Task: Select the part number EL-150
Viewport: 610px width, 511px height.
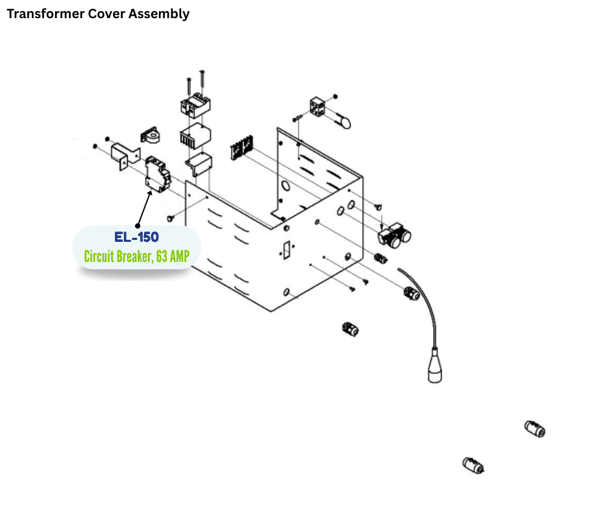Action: tap(137, 238)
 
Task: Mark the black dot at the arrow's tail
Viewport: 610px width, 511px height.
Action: tap(137, 226)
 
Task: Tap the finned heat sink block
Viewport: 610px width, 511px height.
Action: tap(195, 137)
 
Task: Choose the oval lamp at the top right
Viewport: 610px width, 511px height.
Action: tap(342, 121)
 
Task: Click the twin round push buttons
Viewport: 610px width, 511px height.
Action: tap(396, 236)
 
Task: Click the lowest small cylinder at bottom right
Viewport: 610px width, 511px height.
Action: tap(474, 466)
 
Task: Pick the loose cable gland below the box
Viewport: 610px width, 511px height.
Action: tap(350, 329)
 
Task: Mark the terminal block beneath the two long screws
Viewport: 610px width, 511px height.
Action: tap(194, 104)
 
